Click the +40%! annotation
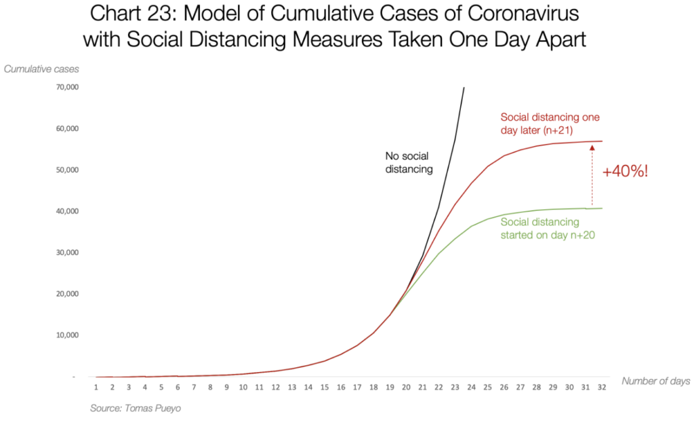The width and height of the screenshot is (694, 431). point(625,171)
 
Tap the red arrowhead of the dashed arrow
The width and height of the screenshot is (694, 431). point(592,147)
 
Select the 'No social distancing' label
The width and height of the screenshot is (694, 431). point(409,162)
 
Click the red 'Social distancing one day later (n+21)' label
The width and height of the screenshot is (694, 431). point(550,123)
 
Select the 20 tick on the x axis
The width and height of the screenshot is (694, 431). point(406,388)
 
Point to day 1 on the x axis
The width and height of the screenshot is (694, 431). point(96,388)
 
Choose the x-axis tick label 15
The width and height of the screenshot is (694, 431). point(325,388)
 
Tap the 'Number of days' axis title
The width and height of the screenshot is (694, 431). point(655,381)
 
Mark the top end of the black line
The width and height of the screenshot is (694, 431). point(464,88)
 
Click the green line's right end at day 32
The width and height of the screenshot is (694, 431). point(602,208)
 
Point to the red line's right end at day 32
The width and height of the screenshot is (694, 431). point(602,141)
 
